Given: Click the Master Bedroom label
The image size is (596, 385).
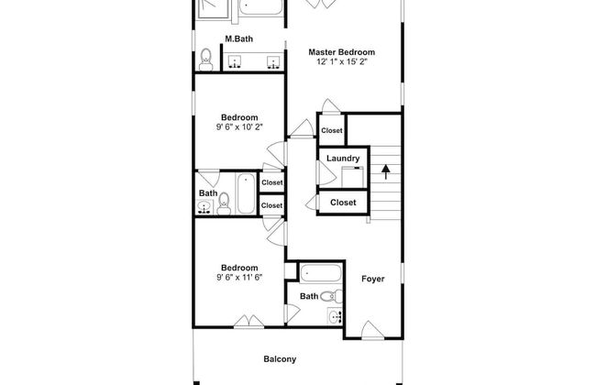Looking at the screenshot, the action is click(x=341, y=52).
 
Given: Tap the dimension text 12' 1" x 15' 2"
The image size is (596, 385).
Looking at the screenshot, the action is click(x=341, y=61).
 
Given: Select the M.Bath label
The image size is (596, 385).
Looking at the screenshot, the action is click(x=238, y=38).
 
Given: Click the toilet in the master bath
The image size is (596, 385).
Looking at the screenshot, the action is click(x=205, y=60).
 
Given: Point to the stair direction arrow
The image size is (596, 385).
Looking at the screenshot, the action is click(x=386, y=171).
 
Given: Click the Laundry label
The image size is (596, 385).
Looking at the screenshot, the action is click(x=343, y=159).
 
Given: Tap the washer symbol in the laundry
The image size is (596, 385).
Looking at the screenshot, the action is click(x=352, y=177).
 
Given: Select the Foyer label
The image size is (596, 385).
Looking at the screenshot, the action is click(x=373, y=279).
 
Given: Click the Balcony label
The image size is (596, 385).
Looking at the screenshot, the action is click(x=280, y=359).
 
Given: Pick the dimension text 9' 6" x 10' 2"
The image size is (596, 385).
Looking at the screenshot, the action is click(x=239, y=126).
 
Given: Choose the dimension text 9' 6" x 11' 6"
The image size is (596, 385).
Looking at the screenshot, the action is click(x=239, y=278).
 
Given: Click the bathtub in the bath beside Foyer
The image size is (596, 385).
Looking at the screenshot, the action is click(x=321, y=274).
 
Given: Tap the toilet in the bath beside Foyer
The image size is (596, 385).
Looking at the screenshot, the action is click(x=331, y=296).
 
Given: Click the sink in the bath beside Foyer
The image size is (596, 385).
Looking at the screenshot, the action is click(x=336, y=316).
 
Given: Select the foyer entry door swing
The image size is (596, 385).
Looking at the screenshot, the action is click(x=372, y=330).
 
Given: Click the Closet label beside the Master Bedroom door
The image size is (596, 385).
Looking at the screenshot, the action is click(x=332, y=130).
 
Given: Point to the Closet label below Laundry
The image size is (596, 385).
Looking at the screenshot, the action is click(x=343, y=203).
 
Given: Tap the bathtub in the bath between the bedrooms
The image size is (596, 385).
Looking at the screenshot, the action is click(x=246, y=193).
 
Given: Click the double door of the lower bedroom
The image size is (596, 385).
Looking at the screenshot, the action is click(x=249, y=321).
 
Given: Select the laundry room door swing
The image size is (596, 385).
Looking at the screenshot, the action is click(x=326, y=173).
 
